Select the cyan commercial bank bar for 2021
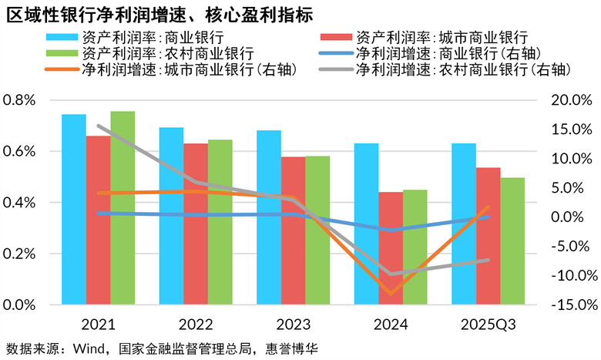tap(74, 208)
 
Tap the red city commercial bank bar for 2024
tap(391, 247)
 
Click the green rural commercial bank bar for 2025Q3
tap(512, 241)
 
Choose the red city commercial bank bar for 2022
tap(196, 224)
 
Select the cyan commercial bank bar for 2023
tap(269, 217)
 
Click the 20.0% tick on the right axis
tap(571, 100)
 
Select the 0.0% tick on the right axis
tap(573, 217)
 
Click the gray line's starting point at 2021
tap(99, 126)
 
